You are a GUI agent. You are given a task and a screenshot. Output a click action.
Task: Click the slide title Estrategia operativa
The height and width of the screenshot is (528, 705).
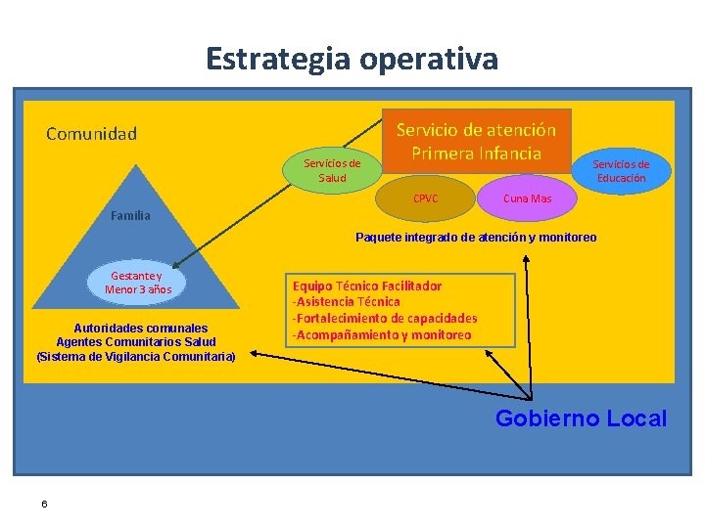352,59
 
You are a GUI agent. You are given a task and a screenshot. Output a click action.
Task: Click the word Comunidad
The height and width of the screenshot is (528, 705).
92,133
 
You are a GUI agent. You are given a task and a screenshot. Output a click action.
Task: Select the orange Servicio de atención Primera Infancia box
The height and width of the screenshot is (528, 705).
476,141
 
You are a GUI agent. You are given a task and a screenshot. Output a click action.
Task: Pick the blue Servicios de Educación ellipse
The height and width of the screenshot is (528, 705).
621,171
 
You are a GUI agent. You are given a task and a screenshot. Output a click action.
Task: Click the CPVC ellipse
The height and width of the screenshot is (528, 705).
426,198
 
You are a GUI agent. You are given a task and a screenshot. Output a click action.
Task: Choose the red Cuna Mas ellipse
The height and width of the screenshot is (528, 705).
527,198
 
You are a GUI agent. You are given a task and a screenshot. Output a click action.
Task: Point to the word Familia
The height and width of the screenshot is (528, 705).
130,215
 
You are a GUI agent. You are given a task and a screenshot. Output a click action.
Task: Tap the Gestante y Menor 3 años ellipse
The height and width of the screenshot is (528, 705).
138,283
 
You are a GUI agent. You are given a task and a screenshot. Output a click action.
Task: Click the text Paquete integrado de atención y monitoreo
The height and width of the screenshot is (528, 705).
476,238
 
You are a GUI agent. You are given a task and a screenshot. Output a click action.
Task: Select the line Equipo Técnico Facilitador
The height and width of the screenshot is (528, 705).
367,286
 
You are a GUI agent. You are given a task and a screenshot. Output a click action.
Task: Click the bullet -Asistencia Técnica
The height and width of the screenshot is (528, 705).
347,302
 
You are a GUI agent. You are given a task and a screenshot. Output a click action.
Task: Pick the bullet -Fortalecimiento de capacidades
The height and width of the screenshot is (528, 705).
385,319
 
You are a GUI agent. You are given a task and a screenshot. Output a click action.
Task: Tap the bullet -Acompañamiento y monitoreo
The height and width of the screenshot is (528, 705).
382,335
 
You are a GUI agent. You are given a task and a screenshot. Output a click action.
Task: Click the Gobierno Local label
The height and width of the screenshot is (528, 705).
581,418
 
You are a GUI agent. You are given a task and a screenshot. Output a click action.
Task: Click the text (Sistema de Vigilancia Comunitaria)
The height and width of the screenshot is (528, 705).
135,356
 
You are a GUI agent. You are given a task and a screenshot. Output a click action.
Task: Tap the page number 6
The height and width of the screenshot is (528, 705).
45,504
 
